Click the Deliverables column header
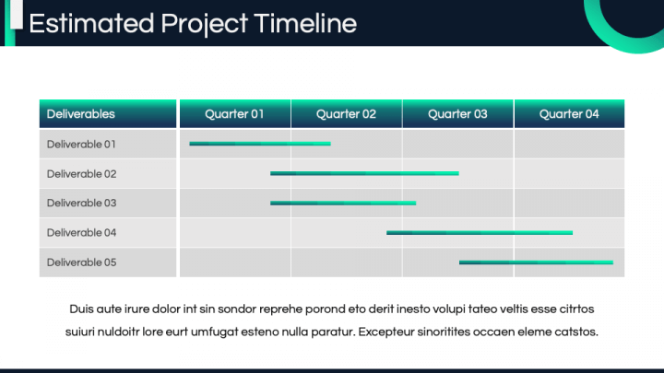click(81, 114)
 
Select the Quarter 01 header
click(234, 114)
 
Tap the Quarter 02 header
click(346, 114)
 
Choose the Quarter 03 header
click(457, 114)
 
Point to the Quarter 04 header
click(569, 114)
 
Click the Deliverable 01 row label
click(81, 145)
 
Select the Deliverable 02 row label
click(82, 174)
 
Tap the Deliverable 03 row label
click(82, 203)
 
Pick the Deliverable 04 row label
click(82, 233)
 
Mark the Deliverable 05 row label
click(82, 262)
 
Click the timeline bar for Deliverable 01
click(260, 144)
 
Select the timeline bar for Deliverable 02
click(364, 173)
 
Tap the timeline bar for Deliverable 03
click(343, 203)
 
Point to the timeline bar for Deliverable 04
click(480, 233)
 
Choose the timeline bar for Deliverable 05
click(536, 262)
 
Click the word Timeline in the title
click(305, 23)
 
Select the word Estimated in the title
click(91, 23)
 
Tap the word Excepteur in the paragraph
click(386, 332)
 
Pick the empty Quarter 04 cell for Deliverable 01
click(570, 144)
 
